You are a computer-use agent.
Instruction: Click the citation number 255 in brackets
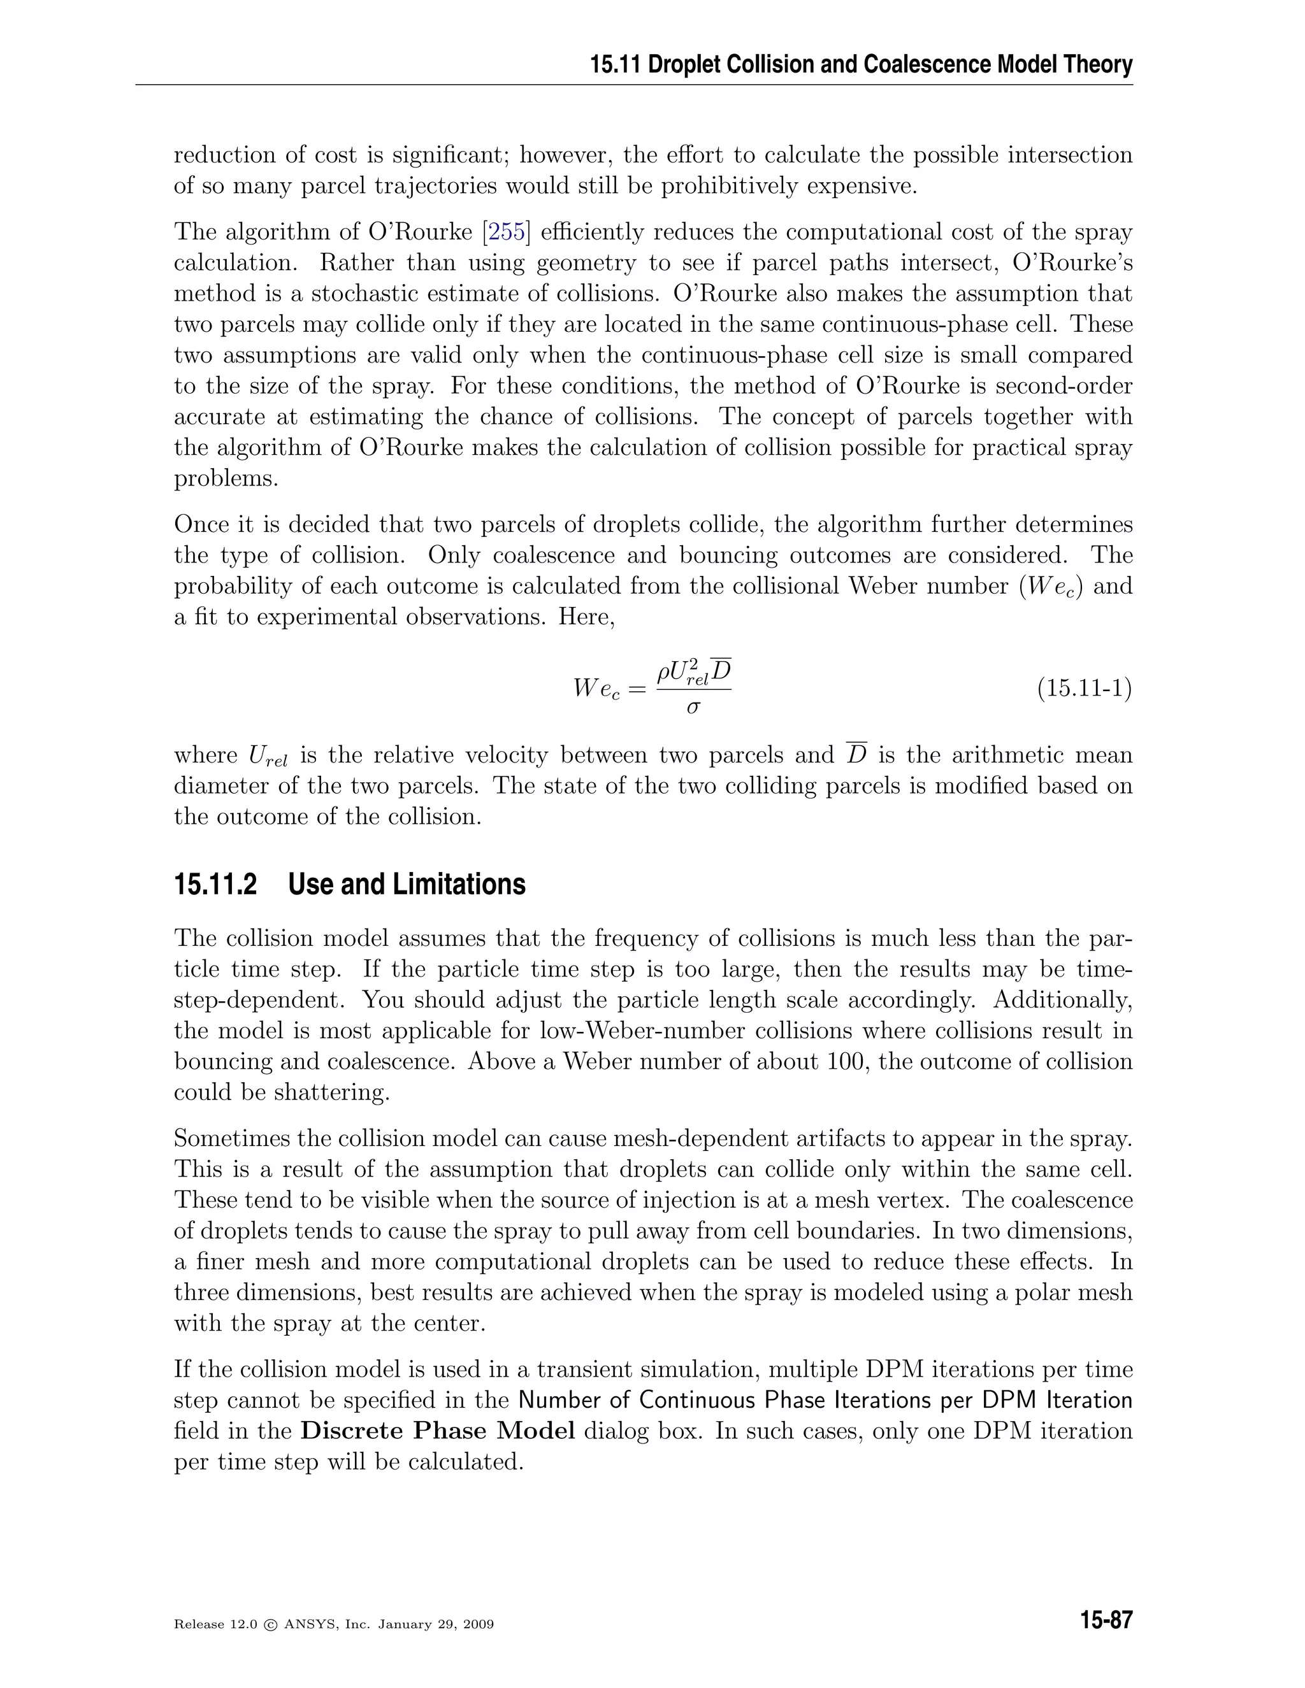click(507, 232)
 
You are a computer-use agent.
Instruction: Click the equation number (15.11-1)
click(1084, 687)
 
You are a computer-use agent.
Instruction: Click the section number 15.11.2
click(215, 884)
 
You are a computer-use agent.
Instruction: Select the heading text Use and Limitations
click(407, 884)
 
